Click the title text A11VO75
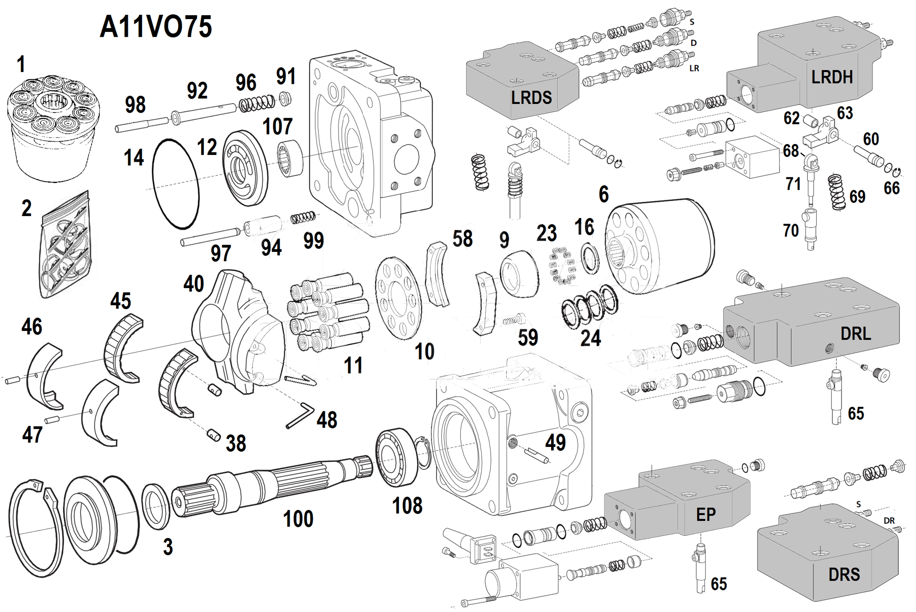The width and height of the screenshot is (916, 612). tap(156, 26)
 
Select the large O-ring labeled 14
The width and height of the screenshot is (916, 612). tap(175, 184)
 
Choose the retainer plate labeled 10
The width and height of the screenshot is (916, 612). tap(398, 298)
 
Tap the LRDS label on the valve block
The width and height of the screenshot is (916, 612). tap(531, 98)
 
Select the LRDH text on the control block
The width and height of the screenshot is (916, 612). tap(832, 77)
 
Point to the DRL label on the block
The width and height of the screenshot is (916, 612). tap(855, 333)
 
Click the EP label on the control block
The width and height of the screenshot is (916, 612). tap(706, 515)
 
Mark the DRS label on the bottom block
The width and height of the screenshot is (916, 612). tap(844, 574)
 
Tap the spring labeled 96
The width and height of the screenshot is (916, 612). tap(257, 103)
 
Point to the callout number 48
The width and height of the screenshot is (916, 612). tap(327, 420)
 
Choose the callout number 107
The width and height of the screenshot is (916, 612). tap(277, 126)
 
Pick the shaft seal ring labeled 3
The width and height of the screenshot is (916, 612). tap(156, 506)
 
